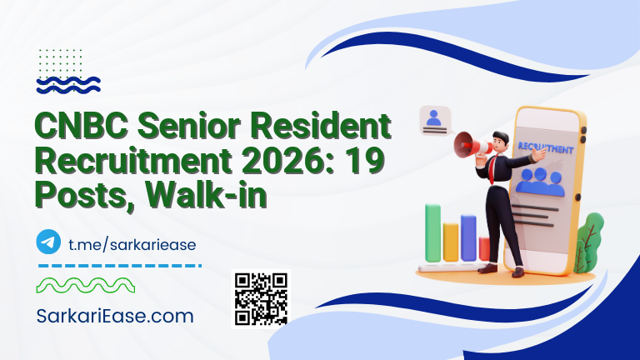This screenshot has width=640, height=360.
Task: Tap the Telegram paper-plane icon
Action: point(49,242)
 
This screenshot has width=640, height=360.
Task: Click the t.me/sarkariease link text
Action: point(131,242)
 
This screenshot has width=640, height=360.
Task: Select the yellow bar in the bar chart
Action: point(452,241)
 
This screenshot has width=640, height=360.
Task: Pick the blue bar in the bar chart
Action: point(469,237)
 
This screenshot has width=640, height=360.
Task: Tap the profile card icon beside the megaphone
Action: point(433,120)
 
